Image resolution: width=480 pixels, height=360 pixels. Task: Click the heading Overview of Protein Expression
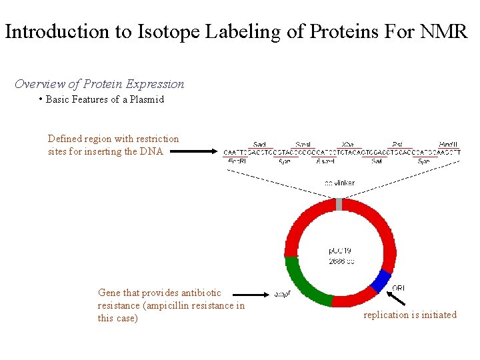point(99,84)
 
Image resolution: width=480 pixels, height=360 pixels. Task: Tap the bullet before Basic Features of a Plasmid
point(41,99)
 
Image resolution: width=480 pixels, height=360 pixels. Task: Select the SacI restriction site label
point(259,144)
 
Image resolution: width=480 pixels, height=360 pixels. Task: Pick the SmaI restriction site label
point(303,144)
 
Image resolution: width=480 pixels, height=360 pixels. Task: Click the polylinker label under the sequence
point(339,183)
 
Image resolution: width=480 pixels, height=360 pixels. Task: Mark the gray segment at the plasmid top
point(339,204)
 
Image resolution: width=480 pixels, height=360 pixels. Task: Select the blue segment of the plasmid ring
point(381,281)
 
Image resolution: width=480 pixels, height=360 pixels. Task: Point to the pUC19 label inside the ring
point(338,251)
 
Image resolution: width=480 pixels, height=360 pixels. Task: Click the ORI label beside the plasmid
point(398,288)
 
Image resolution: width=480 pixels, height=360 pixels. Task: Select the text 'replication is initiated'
point(410,315)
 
